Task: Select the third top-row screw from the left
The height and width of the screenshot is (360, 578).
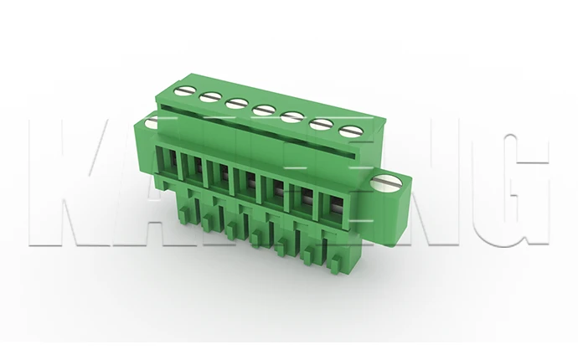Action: tap(235, 102)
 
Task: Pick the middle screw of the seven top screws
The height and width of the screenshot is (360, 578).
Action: tap(261, 109)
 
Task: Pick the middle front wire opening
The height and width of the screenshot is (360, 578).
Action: tap(246, 179)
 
